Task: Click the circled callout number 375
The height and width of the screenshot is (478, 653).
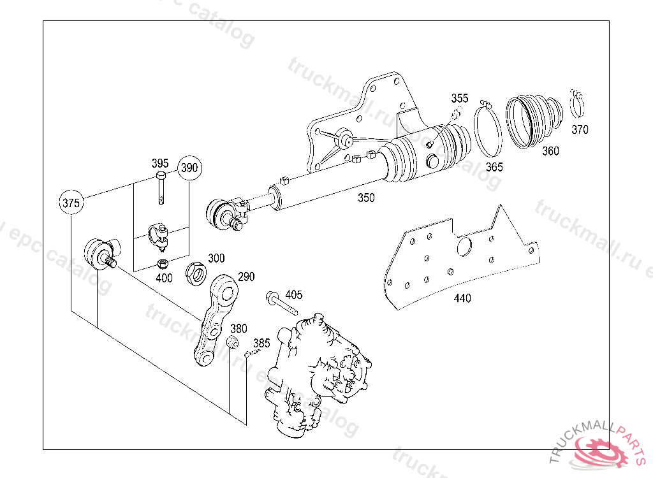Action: pyautogui.click(x=71, y=203)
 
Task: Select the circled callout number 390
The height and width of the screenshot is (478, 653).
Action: pyautogui.click(x=189, y=168)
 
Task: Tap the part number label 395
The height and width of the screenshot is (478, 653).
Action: pyautogui.click(x=160, y=163)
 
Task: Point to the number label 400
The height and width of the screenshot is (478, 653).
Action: pyautogui.click(x=163, y=278)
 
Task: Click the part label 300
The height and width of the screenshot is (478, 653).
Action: pyautogui.click(x=216, y=258)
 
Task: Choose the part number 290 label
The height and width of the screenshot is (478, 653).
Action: pyautogui.click(x=246, y=277)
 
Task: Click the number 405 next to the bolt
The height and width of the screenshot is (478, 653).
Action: pyautogui.click(x=293, y=294)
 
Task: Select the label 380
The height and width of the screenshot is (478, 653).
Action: pyautogui.click(x=238, y=329)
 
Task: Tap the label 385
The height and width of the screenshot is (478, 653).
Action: pyautogui.click(x=261, y=343)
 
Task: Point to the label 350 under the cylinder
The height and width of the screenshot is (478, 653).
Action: pyautogui.click(x=366, y=198)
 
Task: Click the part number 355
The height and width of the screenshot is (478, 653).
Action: pyautogui.click(x=460, y=98)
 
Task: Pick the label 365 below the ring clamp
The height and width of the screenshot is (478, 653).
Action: pyautogui.click(x=494, y=167)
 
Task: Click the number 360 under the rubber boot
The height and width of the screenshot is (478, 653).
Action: pyautogui.click(x=550, y=151)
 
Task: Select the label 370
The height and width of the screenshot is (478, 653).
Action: pyautogui.click(x=580, y=129)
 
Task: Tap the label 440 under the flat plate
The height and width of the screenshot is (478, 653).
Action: pyautogui.click(x=462, y=298)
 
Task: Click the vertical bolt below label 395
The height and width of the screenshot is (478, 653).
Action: pyautogui.click(x=160, y=188)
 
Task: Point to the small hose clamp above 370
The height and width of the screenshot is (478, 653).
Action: pyautogui.click(x=577, y=103)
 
